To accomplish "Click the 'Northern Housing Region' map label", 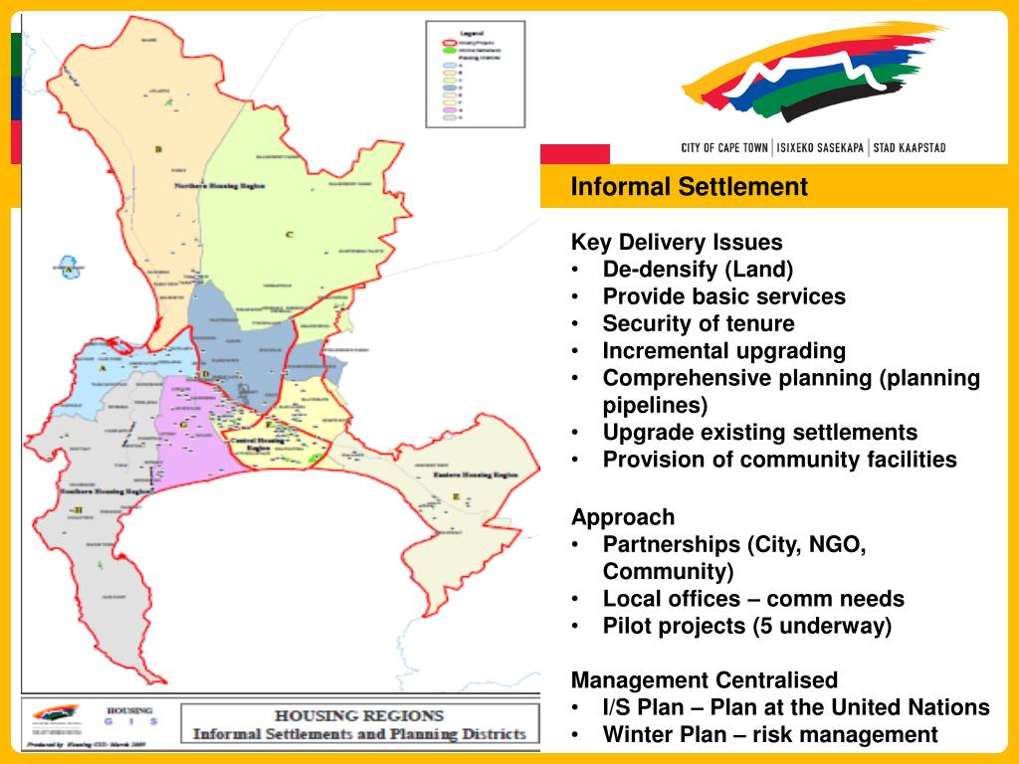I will (219, 186).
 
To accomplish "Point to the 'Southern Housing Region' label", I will (107, 491).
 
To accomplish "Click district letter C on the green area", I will (290, 235).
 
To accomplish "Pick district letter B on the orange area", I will (158, 149).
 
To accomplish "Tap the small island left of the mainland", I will (69, 269).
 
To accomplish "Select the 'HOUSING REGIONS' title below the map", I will (359, 715).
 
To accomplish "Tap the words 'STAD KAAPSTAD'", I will (909, 148).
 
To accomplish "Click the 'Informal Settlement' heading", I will (689, 186).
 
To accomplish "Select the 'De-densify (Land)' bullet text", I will (698, 269).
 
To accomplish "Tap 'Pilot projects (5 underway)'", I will (747, 626).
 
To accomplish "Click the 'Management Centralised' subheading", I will (704, 680).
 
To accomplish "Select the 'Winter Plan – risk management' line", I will (769, 734).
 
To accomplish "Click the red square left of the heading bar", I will (574, 154).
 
